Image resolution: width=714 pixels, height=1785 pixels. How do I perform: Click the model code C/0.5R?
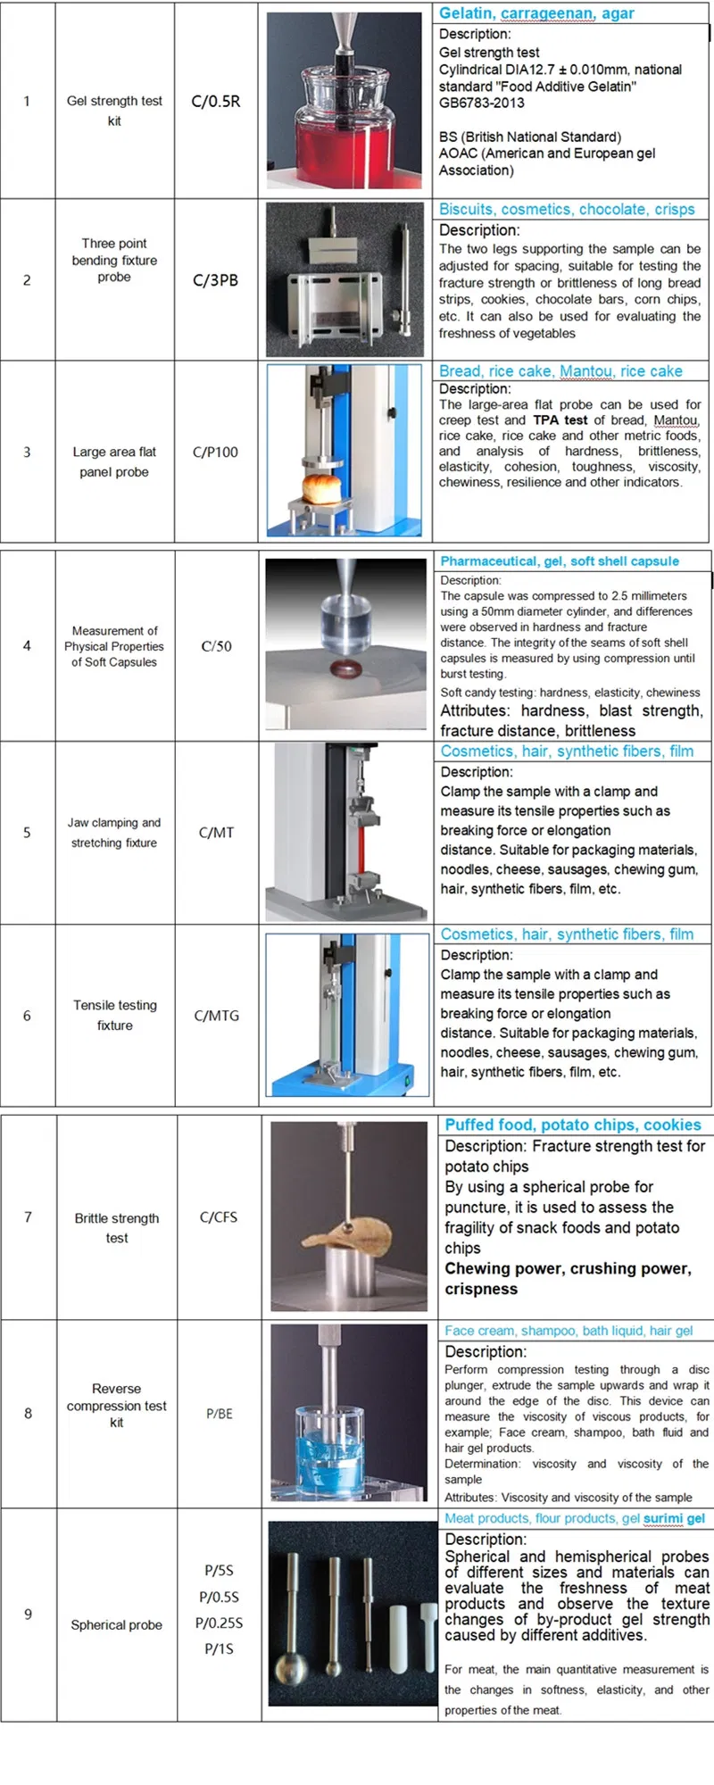(x=216, y=102)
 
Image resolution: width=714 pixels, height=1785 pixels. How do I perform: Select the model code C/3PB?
(x=216, y=280)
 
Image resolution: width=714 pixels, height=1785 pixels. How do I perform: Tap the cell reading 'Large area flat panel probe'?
(x=114, y=461)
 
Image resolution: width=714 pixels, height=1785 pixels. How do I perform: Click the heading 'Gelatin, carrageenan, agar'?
(x=536, y=13)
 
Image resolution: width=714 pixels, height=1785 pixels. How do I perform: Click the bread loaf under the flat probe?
(x=321, y=488)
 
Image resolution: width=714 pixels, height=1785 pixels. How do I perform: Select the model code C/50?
(x=216, y=646)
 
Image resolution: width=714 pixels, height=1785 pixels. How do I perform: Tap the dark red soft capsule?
(x=345, y=668)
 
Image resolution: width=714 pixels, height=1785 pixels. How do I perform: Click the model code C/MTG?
(x=216, y=1016)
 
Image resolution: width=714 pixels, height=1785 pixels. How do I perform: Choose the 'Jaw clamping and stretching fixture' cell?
(x=114, y=833)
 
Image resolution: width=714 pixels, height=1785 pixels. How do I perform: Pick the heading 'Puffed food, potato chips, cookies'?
(x=573, y=1125)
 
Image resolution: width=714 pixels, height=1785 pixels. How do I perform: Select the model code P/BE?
(x=219, y=1414)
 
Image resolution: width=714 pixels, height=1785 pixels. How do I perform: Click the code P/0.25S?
(x=220, y=1623)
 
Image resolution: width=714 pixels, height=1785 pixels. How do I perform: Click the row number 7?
(x=28, y=1217)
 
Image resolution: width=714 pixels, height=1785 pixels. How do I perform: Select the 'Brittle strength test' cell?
(x=117, y=1228)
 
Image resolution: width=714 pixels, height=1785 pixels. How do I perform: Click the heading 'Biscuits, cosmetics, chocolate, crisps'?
(x=566, y=210)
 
